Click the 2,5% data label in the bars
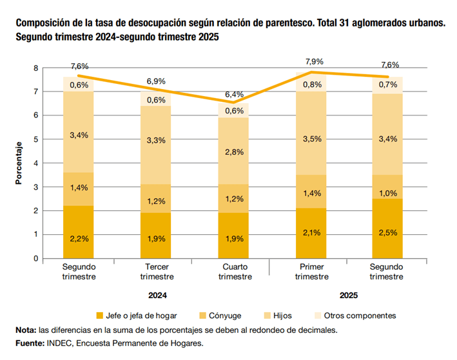point(387,232)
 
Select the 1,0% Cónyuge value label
point(387,194)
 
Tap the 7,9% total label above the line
point(313,62)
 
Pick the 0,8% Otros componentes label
point(313,85)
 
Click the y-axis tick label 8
point(36,68)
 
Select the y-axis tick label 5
point(36,139)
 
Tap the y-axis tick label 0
point(36,258)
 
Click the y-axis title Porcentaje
point(19,163)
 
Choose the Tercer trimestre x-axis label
point(157,271)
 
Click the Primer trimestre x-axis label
point(313,271)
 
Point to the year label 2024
point(158,295)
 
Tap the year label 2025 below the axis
point(348,295)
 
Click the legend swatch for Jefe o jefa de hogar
point(99,315)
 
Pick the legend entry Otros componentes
point(360,315)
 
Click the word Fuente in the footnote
point(29,344)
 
